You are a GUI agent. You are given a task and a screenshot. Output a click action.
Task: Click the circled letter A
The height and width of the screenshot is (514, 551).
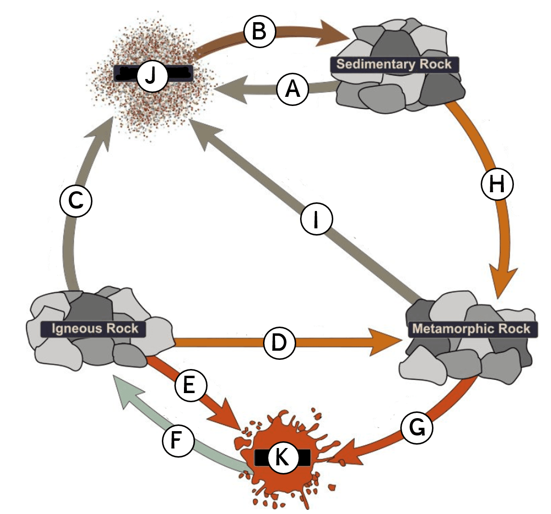coord(292,89)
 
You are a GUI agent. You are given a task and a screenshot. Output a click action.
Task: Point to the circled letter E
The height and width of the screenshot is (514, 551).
coord(190,385)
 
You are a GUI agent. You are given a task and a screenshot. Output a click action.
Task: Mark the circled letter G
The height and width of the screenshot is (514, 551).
coord(416,427)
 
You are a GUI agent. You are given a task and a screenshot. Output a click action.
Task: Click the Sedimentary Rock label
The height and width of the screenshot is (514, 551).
coord(394,65)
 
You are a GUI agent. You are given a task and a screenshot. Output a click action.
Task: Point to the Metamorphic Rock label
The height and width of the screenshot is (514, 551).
coord(471,329)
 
